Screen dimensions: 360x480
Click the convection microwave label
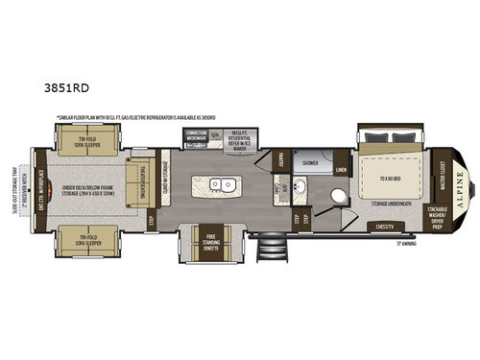click(197, 135)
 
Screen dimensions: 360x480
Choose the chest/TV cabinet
click(384, 226)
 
